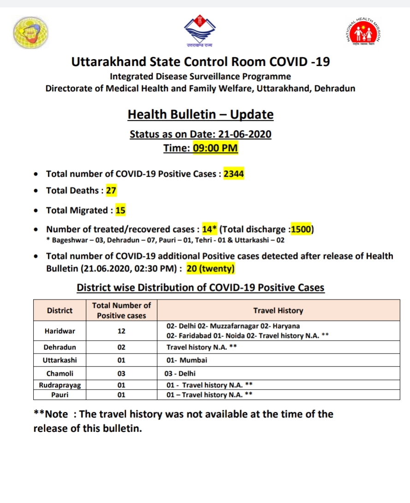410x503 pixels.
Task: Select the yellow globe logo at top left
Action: tap(30, 32)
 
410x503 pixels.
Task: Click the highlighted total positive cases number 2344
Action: tap(234, 174)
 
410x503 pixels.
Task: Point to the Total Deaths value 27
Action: tap(111, 191)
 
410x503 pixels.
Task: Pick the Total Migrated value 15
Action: tap(120, 210)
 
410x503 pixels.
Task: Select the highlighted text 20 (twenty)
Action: tap(215, 268)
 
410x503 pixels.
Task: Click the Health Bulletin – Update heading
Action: tap(201, 114)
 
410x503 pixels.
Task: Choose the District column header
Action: tap(59, 311)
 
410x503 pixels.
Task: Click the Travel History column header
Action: tap(278, 311)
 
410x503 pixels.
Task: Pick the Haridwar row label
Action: tap(59, 331)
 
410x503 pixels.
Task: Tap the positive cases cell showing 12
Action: tap(121, 331)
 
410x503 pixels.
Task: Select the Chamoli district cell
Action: tap(59, 373)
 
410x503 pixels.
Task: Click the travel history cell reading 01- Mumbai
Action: tap(187, 360)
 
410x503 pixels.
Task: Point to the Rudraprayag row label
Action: tap(59, 385)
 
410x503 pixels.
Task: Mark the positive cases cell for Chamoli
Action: tap(121, 373)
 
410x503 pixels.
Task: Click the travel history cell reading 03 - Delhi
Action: tap(184, 373)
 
